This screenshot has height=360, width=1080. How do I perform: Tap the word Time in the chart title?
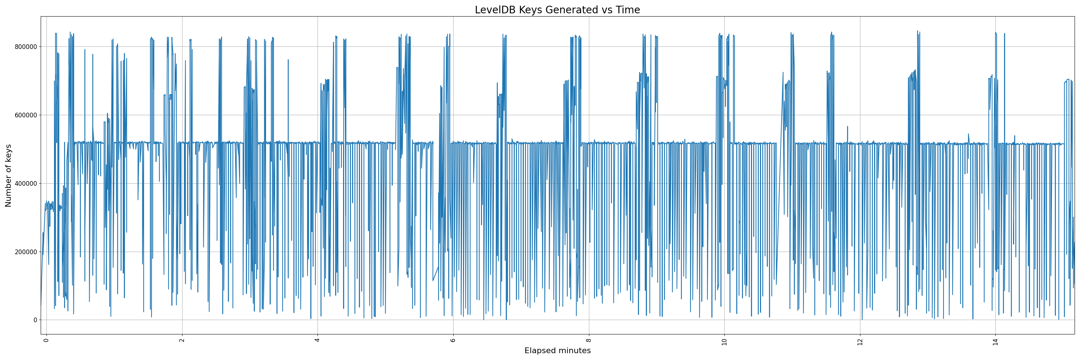coord(627,10)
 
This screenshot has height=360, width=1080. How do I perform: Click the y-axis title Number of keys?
coord(8,176)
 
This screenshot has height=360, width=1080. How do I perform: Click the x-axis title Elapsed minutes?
coord(557,351)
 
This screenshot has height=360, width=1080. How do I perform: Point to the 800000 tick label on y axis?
coord(25,46)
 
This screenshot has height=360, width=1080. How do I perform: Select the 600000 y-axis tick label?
coord(25,115)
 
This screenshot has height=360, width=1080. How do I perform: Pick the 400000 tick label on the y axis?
coord(25,183)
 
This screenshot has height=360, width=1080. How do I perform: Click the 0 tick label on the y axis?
coord(36,320)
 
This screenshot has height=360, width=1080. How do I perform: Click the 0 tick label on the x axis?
coord(46,339)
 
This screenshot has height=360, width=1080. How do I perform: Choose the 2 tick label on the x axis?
coord(182,339)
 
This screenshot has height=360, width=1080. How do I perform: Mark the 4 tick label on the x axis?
coord(318,339)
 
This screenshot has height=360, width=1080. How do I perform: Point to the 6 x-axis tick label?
coord(453,339)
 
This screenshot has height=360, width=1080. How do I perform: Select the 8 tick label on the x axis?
coord(589,339)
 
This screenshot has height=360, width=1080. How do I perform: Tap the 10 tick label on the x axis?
coord(724,341)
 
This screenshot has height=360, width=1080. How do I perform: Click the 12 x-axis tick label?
coord(860,341)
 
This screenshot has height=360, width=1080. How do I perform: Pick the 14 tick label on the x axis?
coord(996,341)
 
